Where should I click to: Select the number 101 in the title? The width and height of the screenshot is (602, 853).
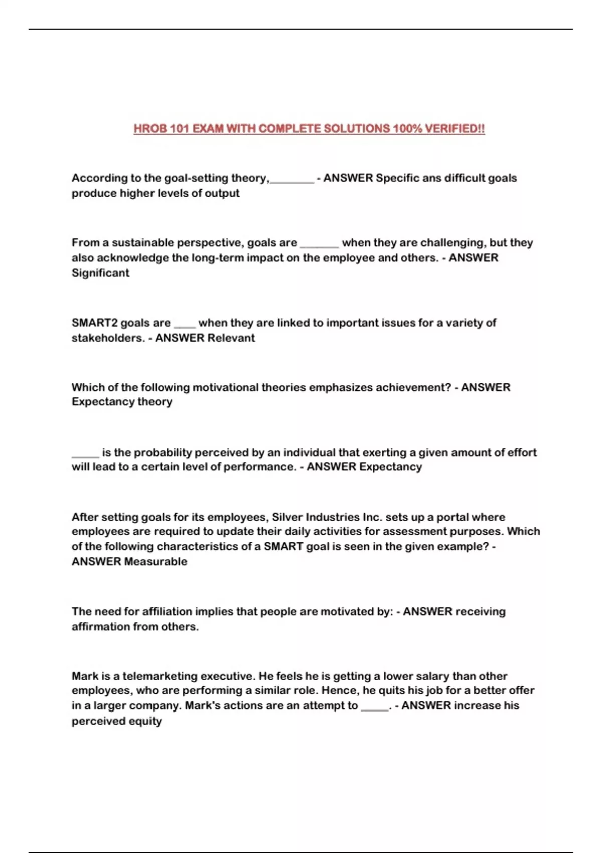tap(179, 129)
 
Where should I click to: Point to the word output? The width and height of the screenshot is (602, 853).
tap(222, 193)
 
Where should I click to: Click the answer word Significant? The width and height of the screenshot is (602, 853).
tap(100, 273)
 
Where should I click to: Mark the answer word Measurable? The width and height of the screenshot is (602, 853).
tap(156, 562)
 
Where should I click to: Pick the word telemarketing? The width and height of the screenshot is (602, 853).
tap(160, 676)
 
